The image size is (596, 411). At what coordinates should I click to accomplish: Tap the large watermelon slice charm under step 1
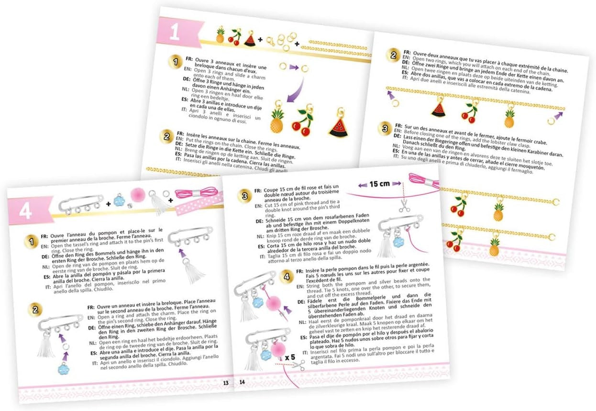[338, 126]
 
